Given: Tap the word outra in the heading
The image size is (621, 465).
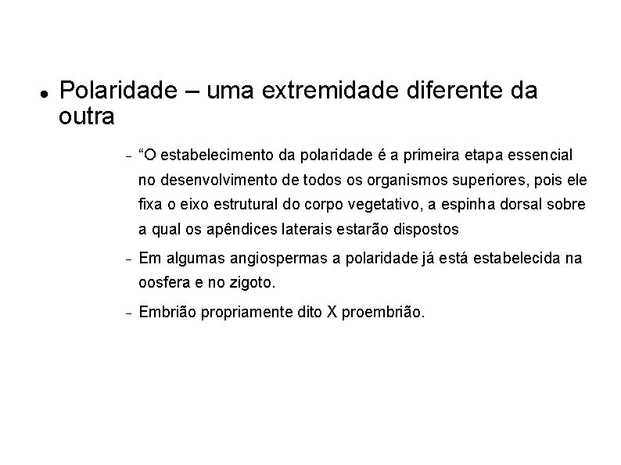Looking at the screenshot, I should tap(86, 117).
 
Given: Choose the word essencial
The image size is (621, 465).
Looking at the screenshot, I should tap(540, 153).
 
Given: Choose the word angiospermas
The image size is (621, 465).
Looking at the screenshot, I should tap(253, 259).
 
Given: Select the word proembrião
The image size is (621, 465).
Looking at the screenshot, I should tap(383, 313).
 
